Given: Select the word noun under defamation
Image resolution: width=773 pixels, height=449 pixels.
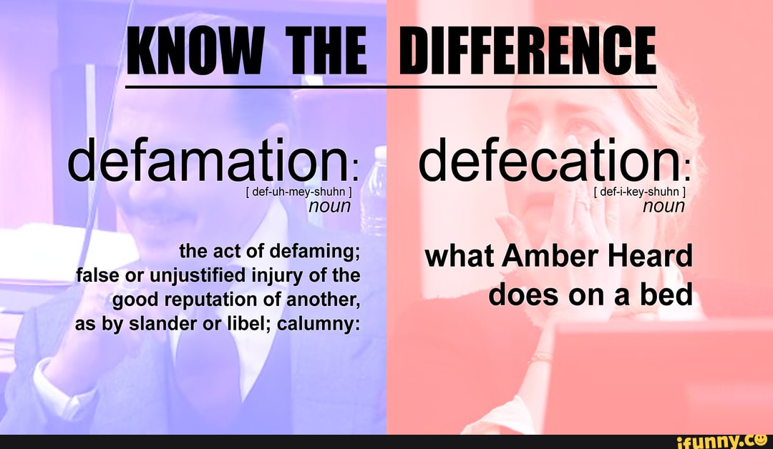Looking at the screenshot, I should [x=329, y=207].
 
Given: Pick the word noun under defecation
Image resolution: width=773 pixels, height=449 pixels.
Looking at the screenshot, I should [x=663, y=207].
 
